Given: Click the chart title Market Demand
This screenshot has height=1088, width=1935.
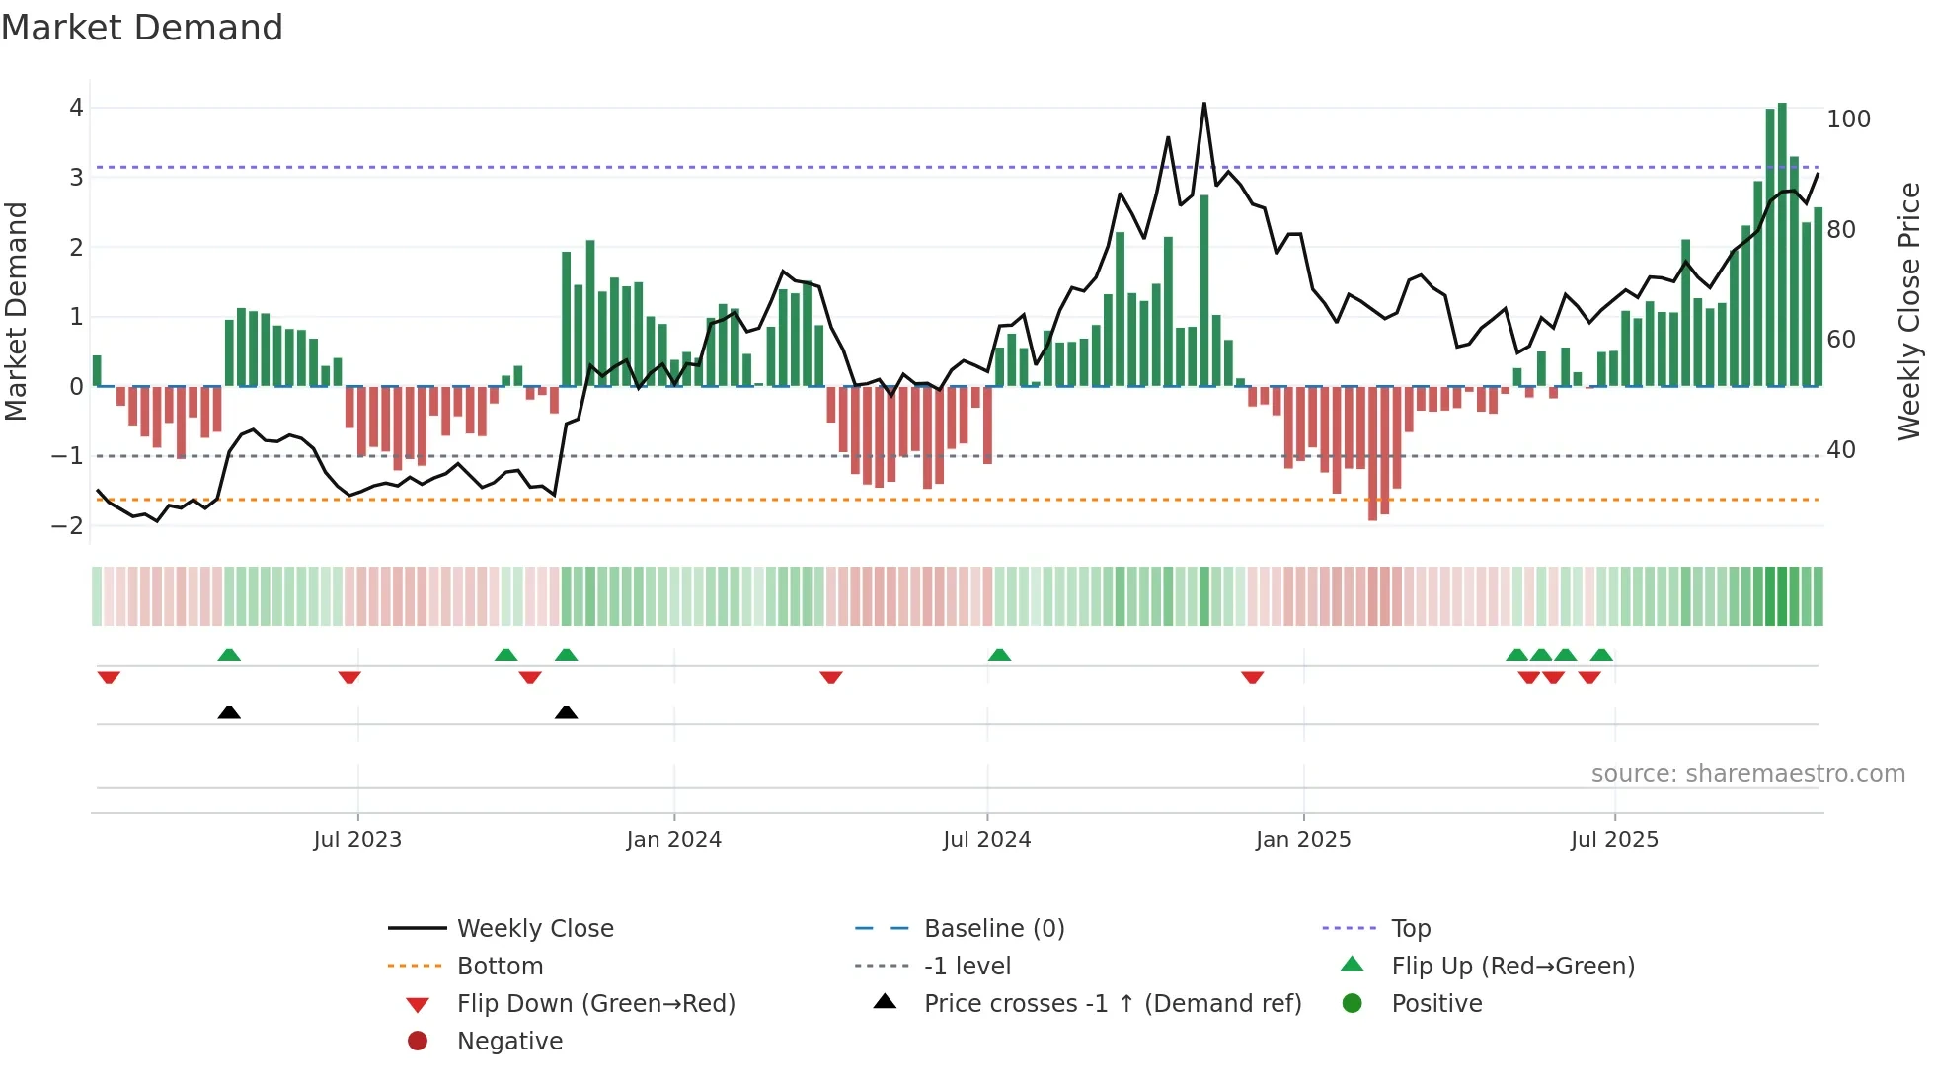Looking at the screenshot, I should tap(142, 28).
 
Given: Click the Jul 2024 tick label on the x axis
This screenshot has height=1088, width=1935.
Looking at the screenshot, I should tap(986, 840).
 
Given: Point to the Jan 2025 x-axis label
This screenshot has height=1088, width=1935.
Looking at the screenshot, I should tap(1302, 840).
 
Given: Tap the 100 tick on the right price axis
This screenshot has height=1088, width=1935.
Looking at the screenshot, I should tap(1848, 119).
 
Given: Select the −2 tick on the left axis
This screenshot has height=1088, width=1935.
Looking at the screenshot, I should tap(67, 526).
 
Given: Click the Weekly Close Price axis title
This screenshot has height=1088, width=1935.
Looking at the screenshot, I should tap(1909, 311).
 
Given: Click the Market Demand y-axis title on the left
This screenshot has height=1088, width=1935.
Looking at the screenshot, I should tap(16, 311).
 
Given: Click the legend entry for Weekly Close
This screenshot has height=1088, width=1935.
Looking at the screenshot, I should tap(534, 929).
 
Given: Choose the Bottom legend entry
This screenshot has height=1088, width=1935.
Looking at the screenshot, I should tap(500, 967).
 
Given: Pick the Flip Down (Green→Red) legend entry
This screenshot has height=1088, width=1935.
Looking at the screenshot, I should tap(595, 1004).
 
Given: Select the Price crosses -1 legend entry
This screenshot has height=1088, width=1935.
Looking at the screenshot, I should tap(1112, 1004).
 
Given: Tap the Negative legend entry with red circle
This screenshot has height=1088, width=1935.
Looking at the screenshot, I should tap(509, 1042).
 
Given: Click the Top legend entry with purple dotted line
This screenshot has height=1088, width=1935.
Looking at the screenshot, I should tap(1410, 929).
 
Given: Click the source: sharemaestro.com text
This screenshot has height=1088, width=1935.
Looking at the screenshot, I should tap(1747, 774).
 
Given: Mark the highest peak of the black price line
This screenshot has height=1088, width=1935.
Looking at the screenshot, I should tap(1204, 104).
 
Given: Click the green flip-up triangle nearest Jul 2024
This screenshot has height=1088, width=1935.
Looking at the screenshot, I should tap(999, 655).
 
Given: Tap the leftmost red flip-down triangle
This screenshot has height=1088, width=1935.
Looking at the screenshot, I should tap(109, 677).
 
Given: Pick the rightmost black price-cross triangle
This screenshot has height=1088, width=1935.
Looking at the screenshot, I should tap(566, 712).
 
